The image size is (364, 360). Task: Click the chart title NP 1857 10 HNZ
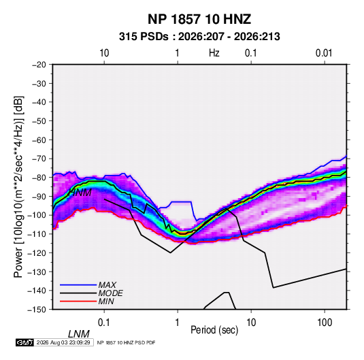[x=199, y=19]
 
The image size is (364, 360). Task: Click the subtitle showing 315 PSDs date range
[x=199, y=37]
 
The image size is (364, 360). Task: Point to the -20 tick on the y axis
[x=39, y=65]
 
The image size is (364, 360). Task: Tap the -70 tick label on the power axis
[x=39, y=159]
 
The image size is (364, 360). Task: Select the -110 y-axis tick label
[x=37, y=234]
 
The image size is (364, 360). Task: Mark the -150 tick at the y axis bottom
[x=37, y=310]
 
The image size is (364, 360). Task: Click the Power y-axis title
[x=18, y=187]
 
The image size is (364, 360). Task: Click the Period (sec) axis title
[x=214, y=330]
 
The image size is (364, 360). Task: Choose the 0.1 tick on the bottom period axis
[x=104, y=322]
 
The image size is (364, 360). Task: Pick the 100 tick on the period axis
[x=325, y=322]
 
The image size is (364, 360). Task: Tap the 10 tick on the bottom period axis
[x=251, y=322]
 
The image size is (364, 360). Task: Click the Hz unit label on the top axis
[x=214, y=53]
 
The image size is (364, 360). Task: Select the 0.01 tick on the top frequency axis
[x=324, y=53]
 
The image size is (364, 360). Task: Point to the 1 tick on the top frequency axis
[x=178, y=53]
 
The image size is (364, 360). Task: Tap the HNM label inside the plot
[x=80, y=193]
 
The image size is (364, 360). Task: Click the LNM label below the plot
[x=79, y=334]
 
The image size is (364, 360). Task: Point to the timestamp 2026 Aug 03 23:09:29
[x=63, y=342]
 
